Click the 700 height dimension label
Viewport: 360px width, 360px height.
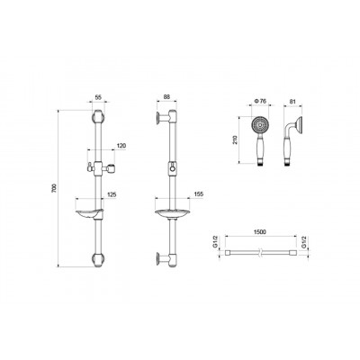tap(54, 188)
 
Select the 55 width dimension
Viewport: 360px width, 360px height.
tap(98, 97)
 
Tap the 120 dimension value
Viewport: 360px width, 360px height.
tap(121, 146)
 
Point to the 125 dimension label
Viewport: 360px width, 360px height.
tap(112, 194)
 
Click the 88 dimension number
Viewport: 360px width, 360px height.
tap(167, 96)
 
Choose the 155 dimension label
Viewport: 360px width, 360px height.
tap(199, 194)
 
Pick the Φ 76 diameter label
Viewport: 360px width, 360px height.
tap(260, 101)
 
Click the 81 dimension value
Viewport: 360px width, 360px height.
tap(292, 102)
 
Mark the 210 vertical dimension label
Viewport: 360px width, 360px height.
tap(235, 139)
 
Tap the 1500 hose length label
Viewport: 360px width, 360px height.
tap(260, 232)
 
